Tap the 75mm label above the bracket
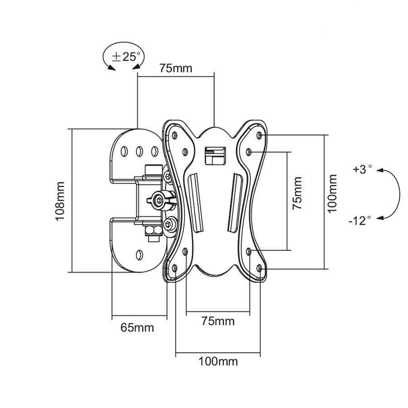coord(175,68)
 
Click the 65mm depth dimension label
coord(137,327)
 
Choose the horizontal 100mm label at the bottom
coord(218,361)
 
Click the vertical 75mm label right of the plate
coord(297,193)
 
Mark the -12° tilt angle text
coord(360,220)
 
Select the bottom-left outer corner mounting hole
coord(175,268)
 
